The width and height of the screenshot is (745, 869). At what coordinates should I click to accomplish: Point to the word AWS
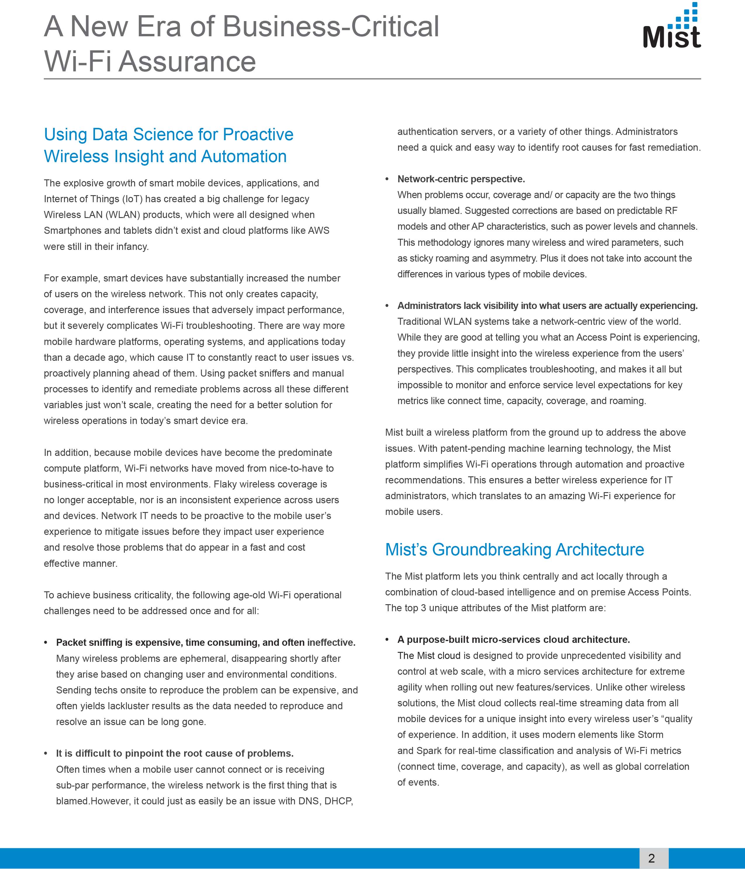[319, 231]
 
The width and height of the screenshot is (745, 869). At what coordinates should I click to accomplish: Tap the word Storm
[650, 735]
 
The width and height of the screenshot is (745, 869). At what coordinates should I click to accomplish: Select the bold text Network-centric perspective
[461, 179]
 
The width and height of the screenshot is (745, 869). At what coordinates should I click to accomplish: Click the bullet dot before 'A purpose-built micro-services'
[388, 640]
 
